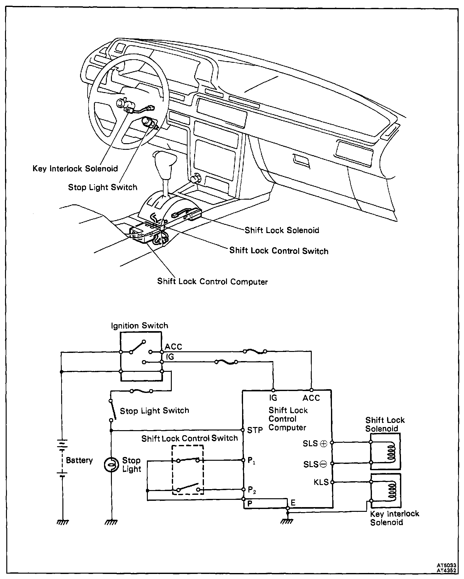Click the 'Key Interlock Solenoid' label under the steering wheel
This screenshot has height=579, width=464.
[x=75, y=168]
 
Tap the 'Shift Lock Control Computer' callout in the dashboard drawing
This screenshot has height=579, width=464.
[x=212, y=281]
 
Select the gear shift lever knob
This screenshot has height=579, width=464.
[x=163, y=160]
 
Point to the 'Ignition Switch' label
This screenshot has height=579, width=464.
[x=139, y=325]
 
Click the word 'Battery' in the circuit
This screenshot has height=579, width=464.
[x=79, y=460]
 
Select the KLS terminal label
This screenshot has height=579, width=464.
[x=321, y=482]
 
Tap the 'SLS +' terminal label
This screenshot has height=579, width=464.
[x=315, y=443]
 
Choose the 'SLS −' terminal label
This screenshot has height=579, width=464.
[x=315, y=464]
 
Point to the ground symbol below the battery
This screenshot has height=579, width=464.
[x=62, y=522]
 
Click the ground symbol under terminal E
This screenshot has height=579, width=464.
[x=287, y=522]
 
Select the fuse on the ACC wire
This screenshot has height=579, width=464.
[x=255, y=351]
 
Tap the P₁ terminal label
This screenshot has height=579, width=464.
[x=251, y=461]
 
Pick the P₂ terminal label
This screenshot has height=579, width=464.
[x=252, y=490]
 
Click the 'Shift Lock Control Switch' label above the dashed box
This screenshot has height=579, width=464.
[x=189, y=438]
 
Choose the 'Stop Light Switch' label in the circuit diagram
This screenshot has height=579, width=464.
[x=154, y=411]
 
